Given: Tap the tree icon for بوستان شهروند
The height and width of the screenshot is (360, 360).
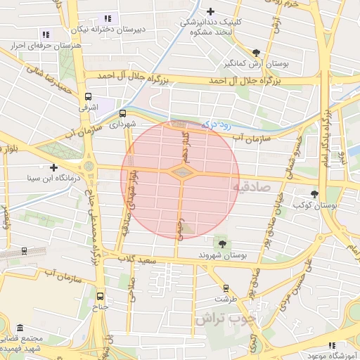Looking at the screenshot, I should (223, 243).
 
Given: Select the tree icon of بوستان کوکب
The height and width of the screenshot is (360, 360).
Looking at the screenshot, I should (314, 194).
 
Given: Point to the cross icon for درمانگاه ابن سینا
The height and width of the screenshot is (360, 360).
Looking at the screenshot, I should (54, 167).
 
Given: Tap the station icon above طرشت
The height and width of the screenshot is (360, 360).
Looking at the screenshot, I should (226, 288).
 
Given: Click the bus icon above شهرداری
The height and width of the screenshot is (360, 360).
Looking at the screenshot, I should (123, 112).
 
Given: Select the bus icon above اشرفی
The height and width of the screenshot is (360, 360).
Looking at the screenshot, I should (88, 98).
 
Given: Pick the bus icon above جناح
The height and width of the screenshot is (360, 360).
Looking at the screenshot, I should (100, 296).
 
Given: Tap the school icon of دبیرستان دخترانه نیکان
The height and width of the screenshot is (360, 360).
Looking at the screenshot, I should (108, 18).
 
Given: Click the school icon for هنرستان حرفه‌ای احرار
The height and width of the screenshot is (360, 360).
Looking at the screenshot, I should (46, 34).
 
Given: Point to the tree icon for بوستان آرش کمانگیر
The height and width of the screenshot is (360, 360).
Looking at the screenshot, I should (256, 53).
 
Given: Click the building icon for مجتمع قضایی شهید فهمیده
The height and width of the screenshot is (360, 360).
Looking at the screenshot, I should (19, 329).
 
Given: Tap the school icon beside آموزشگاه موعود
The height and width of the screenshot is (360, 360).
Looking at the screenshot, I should (332, 345).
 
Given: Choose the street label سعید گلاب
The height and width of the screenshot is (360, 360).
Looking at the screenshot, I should (136, 260).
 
